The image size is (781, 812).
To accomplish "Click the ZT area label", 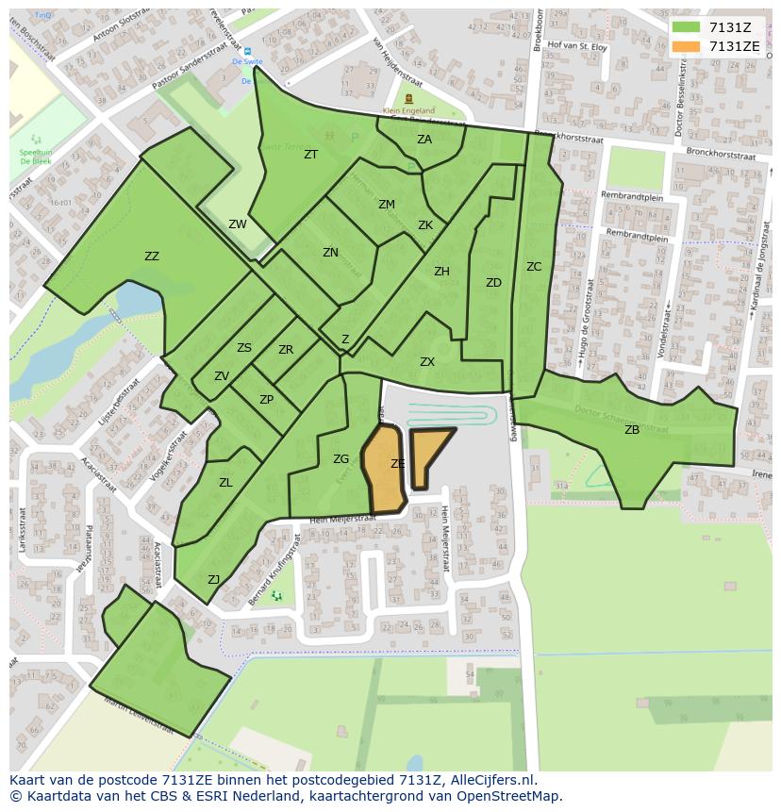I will point(310,155).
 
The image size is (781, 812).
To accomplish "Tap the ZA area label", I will point(424,140).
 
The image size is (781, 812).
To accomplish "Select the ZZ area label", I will point(152,257).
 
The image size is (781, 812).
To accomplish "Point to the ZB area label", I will point(632,430).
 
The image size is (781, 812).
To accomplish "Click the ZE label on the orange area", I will point(398,464).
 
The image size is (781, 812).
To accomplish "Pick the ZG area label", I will point(341,459).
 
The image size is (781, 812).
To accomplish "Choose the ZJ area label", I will point(214,580).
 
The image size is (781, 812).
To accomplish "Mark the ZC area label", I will point(534,267).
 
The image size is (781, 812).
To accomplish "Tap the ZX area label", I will point(427,362).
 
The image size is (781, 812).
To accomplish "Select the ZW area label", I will point(238,224).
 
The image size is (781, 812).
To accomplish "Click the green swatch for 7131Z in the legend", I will point(687,27).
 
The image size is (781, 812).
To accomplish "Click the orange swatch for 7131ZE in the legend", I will point(687,46).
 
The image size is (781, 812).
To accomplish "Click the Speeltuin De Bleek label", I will point(36,157).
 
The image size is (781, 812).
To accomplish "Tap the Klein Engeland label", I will point(408,110).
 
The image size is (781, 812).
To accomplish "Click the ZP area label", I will point(266,400).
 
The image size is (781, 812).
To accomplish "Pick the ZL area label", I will point(225,483).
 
